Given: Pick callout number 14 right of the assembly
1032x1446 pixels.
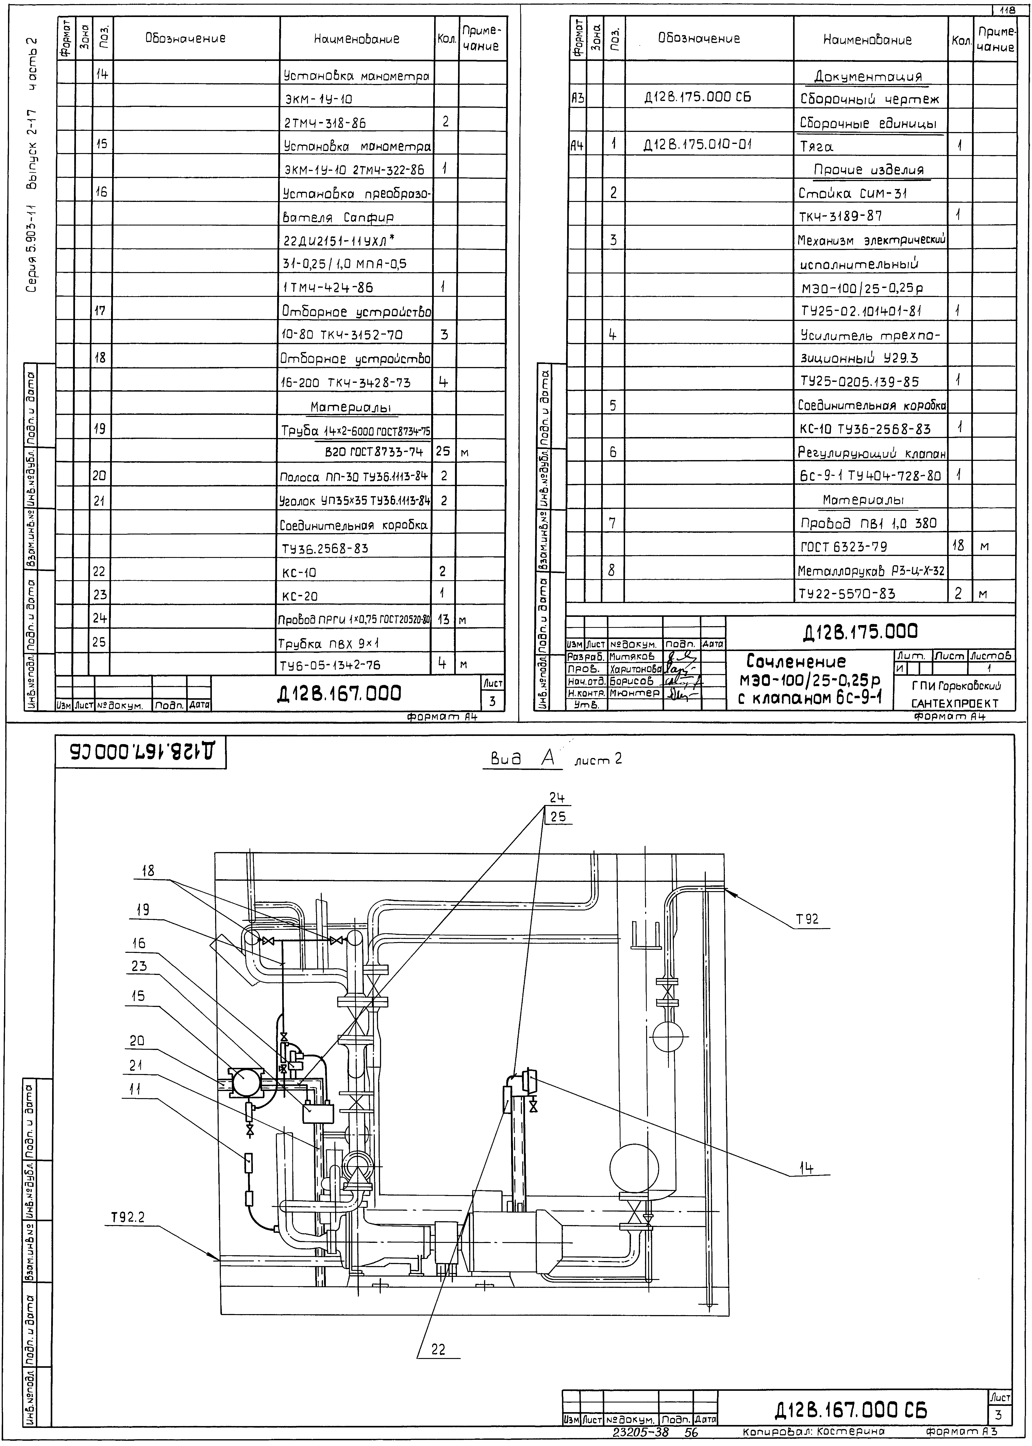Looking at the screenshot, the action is (806, 1150).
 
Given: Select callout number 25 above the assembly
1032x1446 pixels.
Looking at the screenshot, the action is (558, 817).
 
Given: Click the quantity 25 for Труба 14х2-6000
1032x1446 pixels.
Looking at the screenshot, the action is (443, 452).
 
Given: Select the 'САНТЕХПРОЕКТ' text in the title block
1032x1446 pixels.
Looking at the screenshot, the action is (955, 703).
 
